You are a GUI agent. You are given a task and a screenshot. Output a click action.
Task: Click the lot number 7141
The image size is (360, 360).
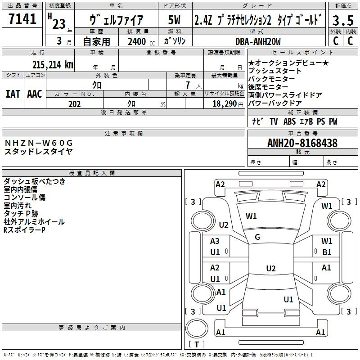point(22,19)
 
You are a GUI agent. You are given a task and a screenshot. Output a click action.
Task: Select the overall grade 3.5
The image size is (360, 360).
point(343,20)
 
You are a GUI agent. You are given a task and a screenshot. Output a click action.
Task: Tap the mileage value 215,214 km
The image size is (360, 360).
point(53,65)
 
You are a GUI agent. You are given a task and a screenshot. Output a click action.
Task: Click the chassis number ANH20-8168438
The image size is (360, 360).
point(302,143)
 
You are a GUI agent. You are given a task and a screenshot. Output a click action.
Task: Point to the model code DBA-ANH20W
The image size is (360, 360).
point(258,41)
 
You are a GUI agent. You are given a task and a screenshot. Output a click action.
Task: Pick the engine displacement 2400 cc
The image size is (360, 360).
point(141,41)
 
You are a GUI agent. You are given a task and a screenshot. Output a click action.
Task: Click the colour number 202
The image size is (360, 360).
point(74,104)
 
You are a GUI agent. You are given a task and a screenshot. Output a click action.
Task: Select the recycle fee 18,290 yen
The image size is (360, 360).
point(228,104)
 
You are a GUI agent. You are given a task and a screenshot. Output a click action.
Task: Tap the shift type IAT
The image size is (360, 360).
point(13,94)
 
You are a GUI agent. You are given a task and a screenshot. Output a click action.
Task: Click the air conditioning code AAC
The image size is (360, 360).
point(35,94)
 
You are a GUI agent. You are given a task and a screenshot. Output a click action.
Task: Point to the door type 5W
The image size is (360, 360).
point(174,20)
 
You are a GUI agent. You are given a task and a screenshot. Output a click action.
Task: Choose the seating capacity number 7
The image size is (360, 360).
point(188,85)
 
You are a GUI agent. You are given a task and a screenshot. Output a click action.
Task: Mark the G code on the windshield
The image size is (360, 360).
point(257,237)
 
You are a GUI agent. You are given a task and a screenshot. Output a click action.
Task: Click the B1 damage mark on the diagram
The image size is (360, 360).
point(327,252)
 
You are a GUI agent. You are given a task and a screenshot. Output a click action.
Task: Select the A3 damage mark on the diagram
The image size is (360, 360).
point(215,241)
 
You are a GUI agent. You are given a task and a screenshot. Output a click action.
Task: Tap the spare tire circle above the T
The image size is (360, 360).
point(197,328)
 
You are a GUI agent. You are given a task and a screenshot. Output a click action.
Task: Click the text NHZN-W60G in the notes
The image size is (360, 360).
point(39,143)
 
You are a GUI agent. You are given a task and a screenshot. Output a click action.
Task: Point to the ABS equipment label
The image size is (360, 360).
point(289,121)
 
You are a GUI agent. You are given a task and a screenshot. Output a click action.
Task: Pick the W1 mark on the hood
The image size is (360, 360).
point(251,216)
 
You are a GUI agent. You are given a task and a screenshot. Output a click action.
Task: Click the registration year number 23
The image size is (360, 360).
point(59,24)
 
